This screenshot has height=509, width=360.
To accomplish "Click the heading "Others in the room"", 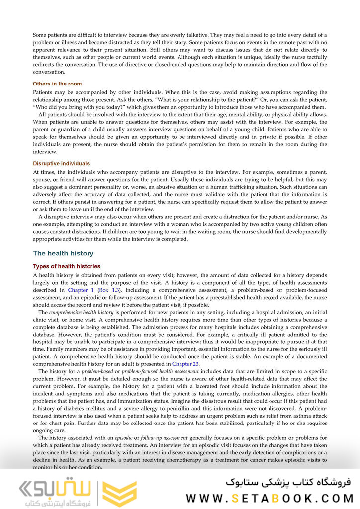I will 57,84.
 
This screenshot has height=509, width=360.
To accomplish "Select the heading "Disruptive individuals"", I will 61,163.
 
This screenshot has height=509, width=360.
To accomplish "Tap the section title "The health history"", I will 63,254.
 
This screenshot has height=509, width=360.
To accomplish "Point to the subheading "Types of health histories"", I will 67,267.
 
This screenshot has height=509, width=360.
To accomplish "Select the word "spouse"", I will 43,180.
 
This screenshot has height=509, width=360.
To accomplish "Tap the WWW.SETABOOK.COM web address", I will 269,498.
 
